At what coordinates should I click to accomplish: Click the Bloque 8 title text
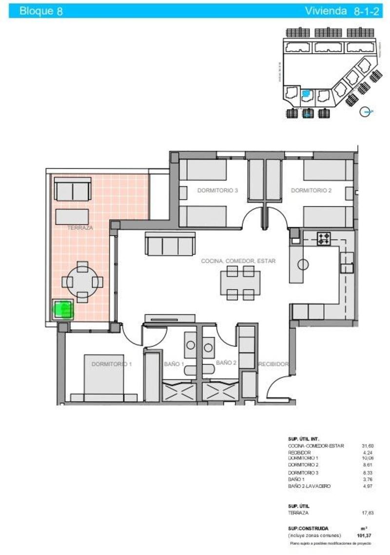click(x=41, y=11)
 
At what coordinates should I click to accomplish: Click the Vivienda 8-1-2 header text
click(x=342, y=11)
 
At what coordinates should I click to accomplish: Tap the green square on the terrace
click(x=63, y=309)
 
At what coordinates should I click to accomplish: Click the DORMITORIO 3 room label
click(x=217, y=191)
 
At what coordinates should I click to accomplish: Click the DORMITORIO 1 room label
click(x=111, y=364)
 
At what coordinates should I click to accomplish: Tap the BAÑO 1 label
click(x=174, y=364)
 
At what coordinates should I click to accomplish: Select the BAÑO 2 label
click(x=226, y=363)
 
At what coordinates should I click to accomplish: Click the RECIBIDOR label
click(x=274, y=364)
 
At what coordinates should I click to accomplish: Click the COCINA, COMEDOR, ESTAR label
click(x=238, y=261)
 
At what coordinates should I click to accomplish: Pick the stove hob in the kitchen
click(x=324, y=238)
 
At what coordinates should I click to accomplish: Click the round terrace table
click(x=82, y=281)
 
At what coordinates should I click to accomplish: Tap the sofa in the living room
click(x=170, y=244)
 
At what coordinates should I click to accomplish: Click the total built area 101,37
click(x=364, y=535)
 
